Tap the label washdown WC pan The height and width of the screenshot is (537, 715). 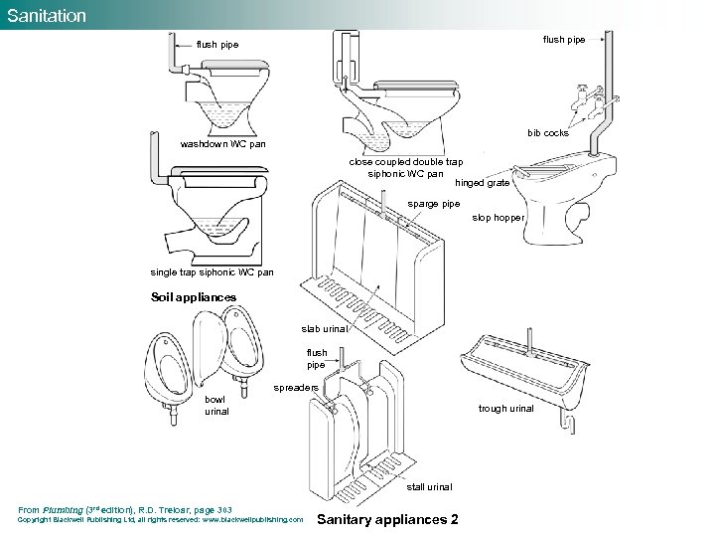[222, 144]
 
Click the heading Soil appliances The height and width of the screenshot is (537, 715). [194, 296]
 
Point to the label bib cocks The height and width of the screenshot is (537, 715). [547, 132]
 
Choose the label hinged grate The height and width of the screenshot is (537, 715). [482, 183]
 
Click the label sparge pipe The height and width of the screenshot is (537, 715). [434, 204]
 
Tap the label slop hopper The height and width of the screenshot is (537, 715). [498, 217]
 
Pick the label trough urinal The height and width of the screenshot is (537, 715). [505, 408]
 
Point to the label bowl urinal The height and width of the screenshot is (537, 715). [215, 405]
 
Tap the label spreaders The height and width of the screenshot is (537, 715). [295, 387]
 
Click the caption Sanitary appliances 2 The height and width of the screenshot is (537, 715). [386, 519]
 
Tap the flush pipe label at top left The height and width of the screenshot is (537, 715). [217, 45]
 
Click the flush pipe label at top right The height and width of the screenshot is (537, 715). [563, 40]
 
